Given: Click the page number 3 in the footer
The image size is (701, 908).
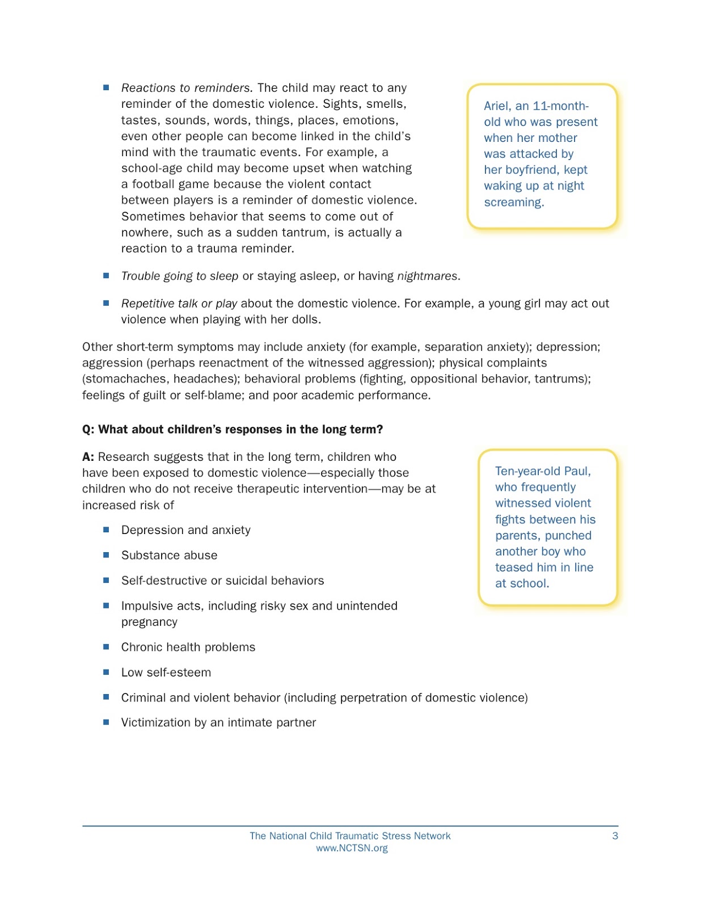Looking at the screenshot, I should pyautogui.click(x=615, y=835).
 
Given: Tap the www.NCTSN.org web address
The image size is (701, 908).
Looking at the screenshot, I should pyautogui.click(x=352, y=848).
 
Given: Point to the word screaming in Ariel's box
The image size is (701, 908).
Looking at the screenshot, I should pyautogui.click(x=513, y=203).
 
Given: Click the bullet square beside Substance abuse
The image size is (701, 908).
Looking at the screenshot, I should pyautogui.click(x=106, y=555).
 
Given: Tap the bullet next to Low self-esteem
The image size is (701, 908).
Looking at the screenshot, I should pyautogui.click(x=106, y=672).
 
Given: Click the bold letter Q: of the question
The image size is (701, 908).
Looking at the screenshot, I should pyautogui.click(x=88, y=430).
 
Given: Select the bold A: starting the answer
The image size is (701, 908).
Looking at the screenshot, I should pyautogui.click(x=88, y=457).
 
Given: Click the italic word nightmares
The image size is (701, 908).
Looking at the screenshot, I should pyautogui.click(x=427, y=276).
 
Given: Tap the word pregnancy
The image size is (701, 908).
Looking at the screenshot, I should pyautogui.click(x=149, y=622).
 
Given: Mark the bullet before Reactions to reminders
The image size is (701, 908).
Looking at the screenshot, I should pyautogui.click(x=106, y=88).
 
